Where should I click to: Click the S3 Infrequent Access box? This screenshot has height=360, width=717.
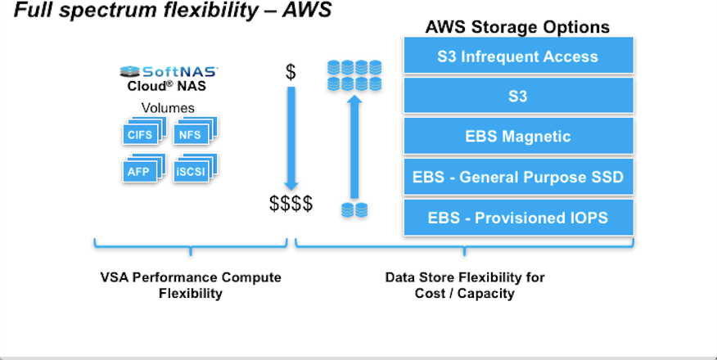(518, 56)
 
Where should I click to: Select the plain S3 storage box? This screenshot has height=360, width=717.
(518, 97)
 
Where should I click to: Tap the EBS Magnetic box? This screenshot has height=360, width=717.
(518, 137)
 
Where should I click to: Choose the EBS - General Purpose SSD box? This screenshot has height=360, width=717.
(518, 177)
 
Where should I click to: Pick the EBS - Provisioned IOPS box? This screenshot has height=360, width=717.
(518, 218)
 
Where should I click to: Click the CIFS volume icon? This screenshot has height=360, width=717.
(142, 133)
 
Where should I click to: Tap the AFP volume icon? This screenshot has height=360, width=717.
(142, 169)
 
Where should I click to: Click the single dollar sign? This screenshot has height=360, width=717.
(291, 71)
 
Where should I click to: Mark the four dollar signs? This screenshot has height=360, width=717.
(291, 204)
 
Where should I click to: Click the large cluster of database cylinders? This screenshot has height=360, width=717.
(354, 74)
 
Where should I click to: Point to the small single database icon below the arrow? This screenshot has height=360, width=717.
(354, 209)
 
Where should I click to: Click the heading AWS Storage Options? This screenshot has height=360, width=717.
(517, 27)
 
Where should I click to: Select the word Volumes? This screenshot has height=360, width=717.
(168, 107)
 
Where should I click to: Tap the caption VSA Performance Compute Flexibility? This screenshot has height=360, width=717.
(190, 285)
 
